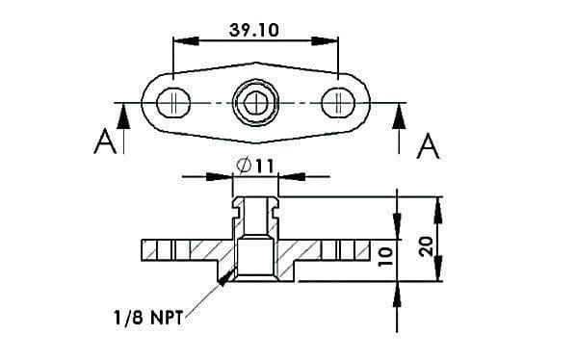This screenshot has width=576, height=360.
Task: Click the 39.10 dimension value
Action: tap(254, 29)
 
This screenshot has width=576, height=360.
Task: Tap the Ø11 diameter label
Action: tap(255, 166)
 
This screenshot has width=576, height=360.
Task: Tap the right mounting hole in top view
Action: tap(338, 101)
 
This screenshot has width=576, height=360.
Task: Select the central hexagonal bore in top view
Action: tap(256, 101)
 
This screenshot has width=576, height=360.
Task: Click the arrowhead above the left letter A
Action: tap(122, 114)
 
